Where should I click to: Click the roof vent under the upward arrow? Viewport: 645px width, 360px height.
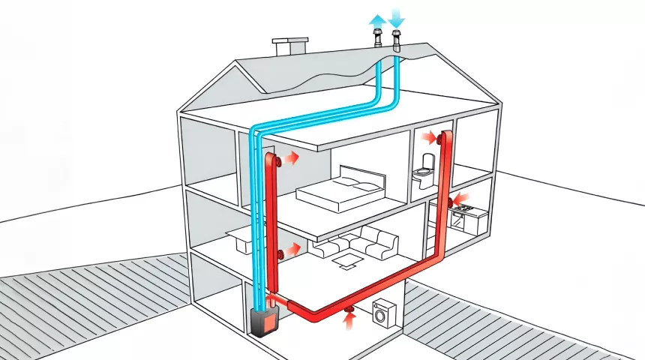[376, 40]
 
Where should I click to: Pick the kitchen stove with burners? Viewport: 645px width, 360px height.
[459, 217]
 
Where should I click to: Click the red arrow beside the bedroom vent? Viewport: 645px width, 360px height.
[290, 158]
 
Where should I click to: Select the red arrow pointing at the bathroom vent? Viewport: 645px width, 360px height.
[429, 137]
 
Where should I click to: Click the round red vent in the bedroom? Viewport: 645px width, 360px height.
[278, 160]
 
